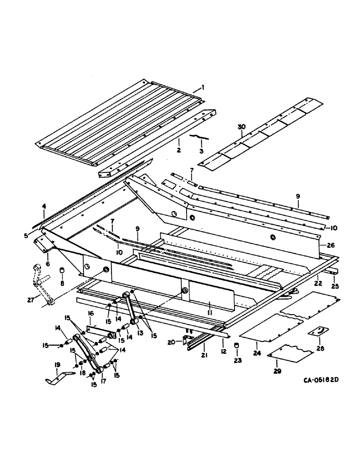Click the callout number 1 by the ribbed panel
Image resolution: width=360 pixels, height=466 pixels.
pos(202,87)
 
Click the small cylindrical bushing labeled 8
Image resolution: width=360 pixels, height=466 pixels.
pos(61,271)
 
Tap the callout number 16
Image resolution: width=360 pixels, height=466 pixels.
pos(91,315)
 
